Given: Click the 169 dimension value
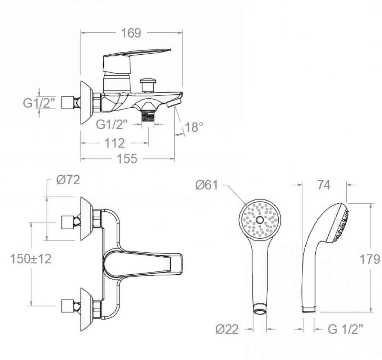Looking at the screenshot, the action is [131, 33].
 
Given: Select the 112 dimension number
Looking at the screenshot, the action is [114, 143].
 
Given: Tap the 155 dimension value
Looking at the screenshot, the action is [127, 159].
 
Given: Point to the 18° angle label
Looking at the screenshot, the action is [194, 127].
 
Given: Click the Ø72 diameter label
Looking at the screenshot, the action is [68, 180].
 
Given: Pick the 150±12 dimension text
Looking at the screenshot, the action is [31, 258].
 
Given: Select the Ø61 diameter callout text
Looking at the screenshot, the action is [207, 185].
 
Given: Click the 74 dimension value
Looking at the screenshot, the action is [324, 185].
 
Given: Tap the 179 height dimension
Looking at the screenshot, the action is [370, 259].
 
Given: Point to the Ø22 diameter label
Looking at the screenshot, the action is [227, 329].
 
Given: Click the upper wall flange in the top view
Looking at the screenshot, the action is [87, 219].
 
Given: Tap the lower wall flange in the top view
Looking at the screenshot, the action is [87, 309].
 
